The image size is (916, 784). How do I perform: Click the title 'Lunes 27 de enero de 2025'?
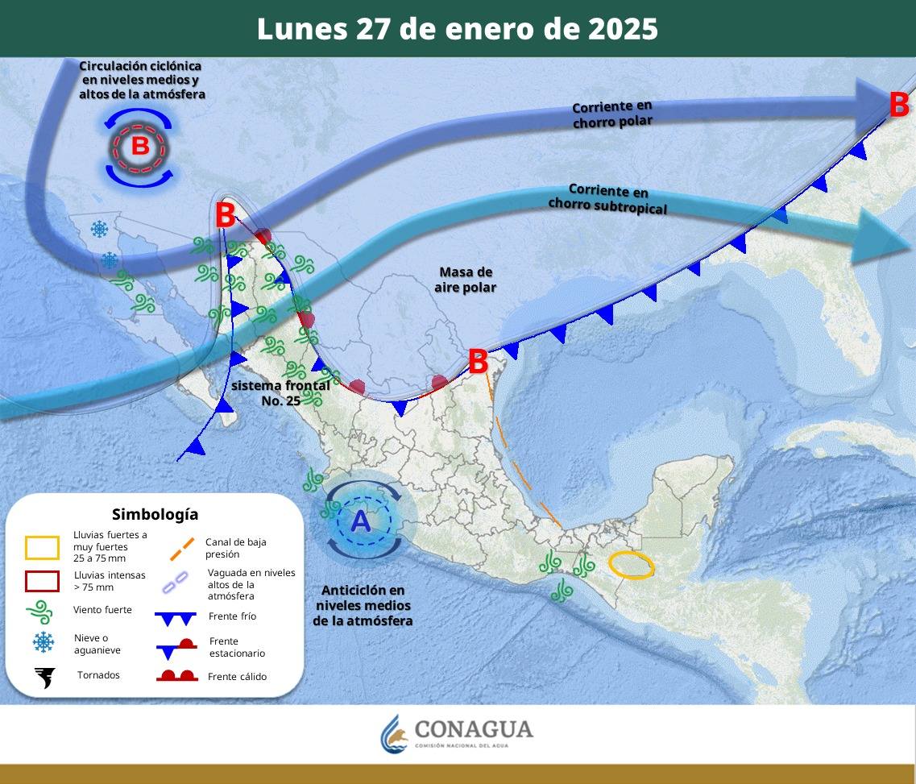(457, 29)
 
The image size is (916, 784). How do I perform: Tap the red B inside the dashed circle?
(139, 147)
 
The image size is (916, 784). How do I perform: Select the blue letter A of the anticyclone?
(361, 521)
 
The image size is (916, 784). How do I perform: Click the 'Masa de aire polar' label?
(466, 280)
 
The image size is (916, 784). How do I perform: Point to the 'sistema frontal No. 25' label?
(280, 392)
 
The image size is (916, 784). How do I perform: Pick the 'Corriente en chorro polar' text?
(612, 114)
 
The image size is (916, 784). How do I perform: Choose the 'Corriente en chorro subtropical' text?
(607, 199)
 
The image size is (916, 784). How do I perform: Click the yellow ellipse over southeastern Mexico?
(630, 565)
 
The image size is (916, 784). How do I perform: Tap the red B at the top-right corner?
(899, 105)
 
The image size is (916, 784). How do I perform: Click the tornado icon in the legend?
(44, 678)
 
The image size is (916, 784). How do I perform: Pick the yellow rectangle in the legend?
(42, 548)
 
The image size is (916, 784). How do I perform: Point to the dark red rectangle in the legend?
(42, 581)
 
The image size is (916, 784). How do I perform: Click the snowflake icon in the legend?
(43, 642)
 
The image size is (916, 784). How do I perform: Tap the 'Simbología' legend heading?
(155, 514)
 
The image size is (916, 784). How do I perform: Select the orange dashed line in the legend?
(182, 549)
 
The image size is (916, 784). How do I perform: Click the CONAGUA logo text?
(473, 729)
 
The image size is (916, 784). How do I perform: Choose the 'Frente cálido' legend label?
(237, 677)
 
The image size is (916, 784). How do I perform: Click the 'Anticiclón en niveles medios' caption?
(363, 605)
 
